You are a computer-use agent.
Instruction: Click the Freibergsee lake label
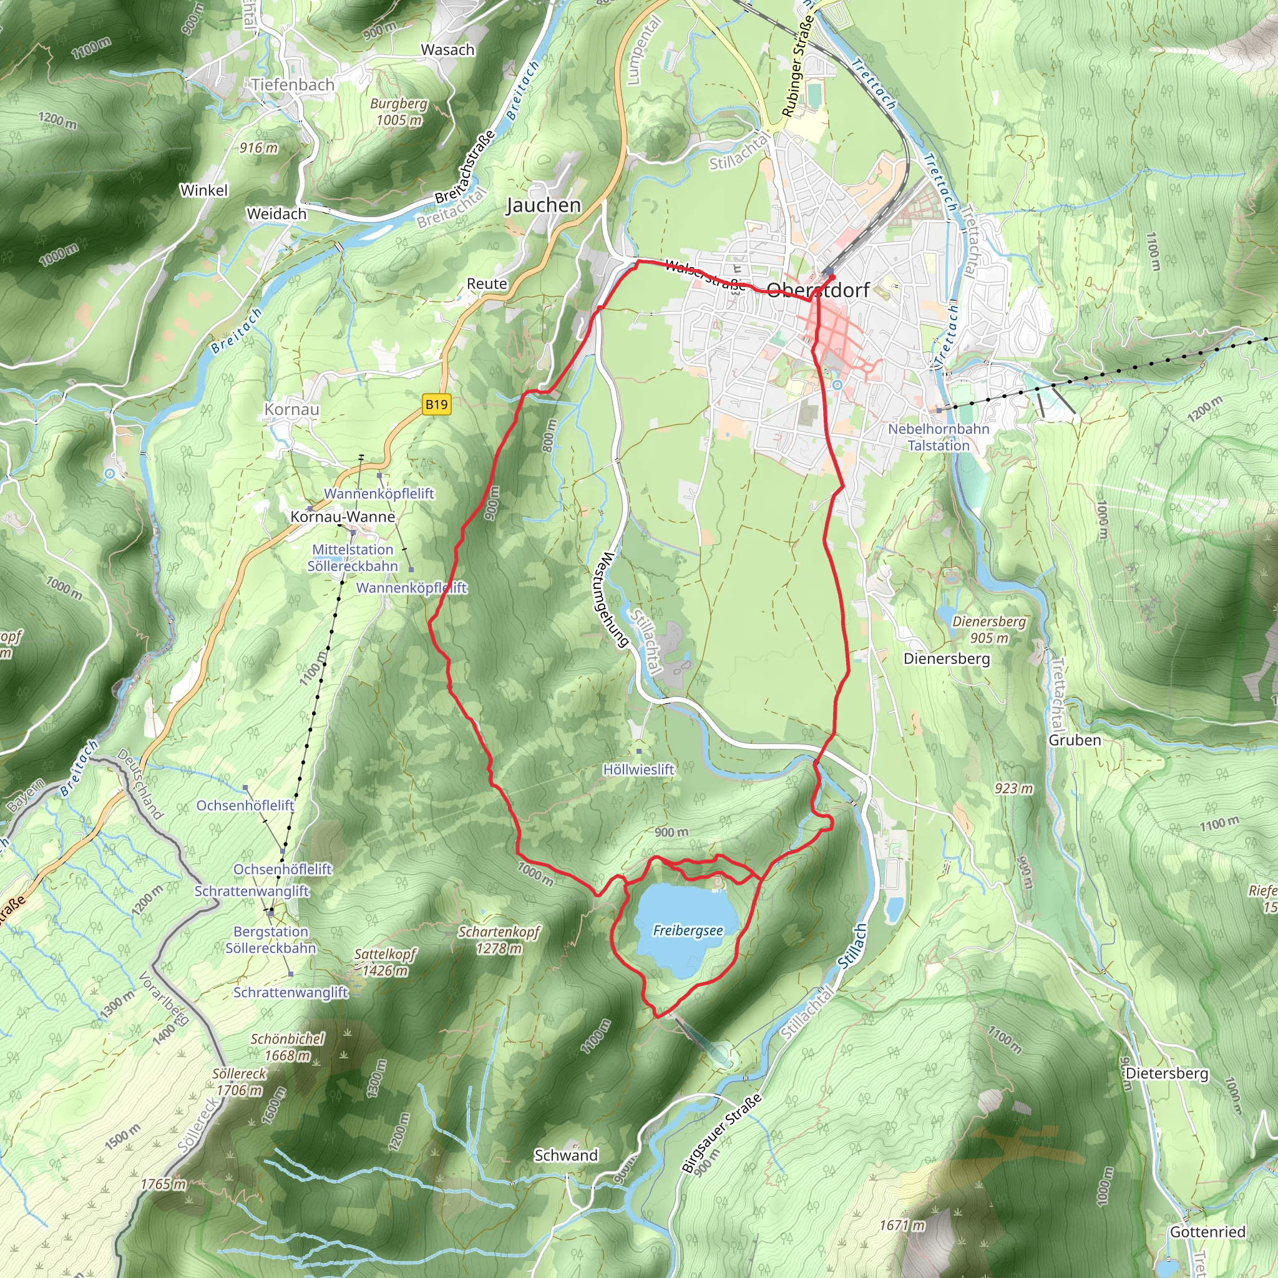pos(687,930)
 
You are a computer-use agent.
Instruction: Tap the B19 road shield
pos(437,404)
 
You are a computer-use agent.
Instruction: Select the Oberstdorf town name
pos(817,290)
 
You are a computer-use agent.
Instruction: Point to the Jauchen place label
pos(543,206)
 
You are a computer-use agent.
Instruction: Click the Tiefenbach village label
pos(293,85)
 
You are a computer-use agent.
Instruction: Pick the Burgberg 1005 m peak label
pos(399,112)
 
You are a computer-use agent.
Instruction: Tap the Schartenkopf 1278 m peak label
pos(499,940)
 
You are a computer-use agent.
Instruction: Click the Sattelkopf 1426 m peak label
pos(385,962)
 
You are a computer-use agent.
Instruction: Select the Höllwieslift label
pos(638,769)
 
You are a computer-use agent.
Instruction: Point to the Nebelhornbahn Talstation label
pos(938,437)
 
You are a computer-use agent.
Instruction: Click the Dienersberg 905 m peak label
pos(989,630)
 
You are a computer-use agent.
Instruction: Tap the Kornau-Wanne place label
pos(343,517)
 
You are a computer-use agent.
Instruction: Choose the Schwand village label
pos(565,1156)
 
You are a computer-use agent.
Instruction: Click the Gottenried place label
pos(1207,1232)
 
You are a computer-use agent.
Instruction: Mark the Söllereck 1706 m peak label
pos(239,1081)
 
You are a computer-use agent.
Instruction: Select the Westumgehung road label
pos(610,598)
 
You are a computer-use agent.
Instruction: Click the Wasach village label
pos(448,50)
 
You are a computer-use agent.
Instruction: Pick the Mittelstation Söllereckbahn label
pos(353,558)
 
